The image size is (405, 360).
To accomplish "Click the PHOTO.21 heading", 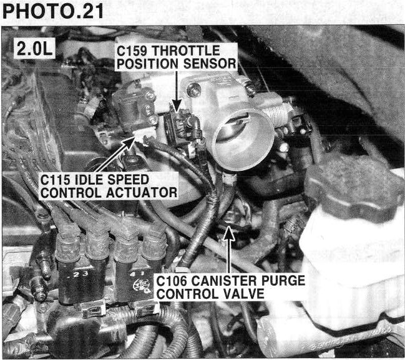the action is click(52, 11).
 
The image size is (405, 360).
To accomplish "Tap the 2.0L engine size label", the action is click(34, 49).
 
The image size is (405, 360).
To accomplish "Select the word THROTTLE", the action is click(186, 51).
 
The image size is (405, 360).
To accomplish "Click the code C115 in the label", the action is click(56, 180).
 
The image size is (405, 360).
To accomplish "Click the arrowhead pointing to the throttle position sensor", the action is click(177, 106).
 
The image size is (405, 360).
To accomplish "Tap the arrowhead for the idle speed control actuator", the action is click(129, 143).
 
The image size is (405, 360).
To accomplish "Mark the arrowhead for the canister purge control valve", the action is click(229, 233).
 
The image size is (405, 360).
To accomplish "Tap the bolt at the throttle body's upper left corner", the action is click(193, 89).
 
